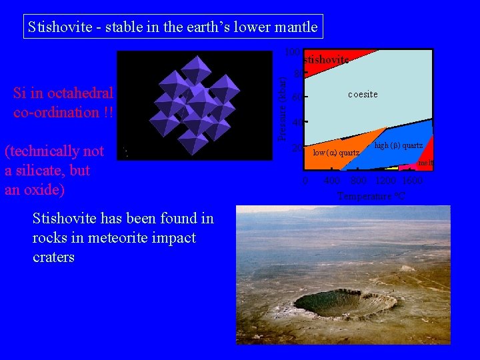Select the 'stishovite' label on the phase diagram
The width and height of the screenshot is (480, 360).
(326, 60)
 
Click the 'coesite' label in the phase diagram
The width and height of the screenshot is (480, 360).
(363, 95)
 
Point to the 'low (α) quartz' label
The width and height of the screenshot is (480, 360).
(336, 153)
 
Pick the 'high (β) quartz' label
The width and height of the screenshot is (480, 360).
(398, 145)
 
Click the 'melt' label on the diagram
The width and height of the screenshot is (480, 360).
(425, 163)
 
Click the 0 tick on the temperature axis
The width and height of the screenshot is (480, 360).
(305, 181)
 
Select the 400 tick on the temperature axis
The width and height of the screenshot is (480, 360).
(331, 181)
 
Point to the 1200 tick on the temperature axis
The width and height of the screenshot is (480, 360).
(385, 181)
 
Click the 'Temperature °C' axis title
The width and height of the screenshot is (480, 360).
(371, 196)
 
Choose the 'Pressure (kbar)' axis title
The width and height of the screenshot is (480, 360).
(283, 107)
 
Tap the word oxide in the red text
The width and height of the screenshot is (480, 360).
(48, 189)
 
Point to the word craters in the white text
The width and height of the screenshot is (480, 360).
(53, 257)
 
